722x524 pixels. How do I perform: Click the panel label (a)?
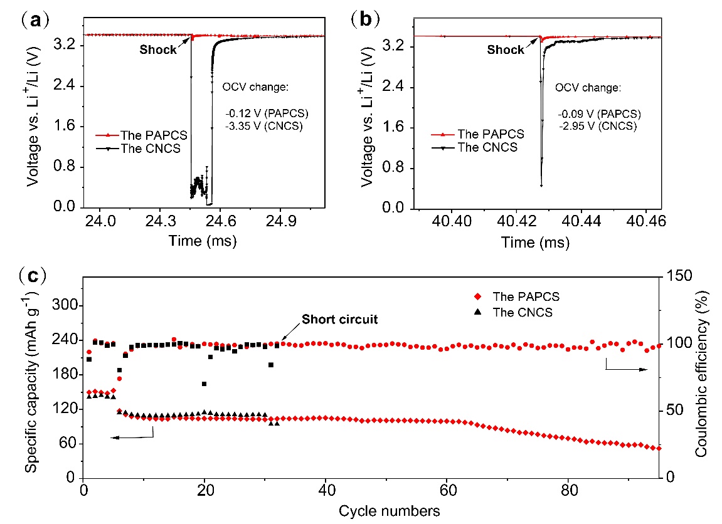[x=33, y=20]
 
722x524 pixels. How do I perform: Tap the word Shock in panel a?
[x=159, y=50]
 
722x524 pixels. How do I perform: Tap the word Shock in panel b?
[x=506, y=50]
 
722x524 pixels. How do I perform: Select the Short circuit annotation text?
[x=340, y=320]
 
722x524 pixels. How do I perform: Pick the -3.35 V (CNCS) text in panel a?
[x=265, y=125]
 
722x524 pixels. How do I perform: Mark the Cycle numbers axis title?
[x=389, y=511]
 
